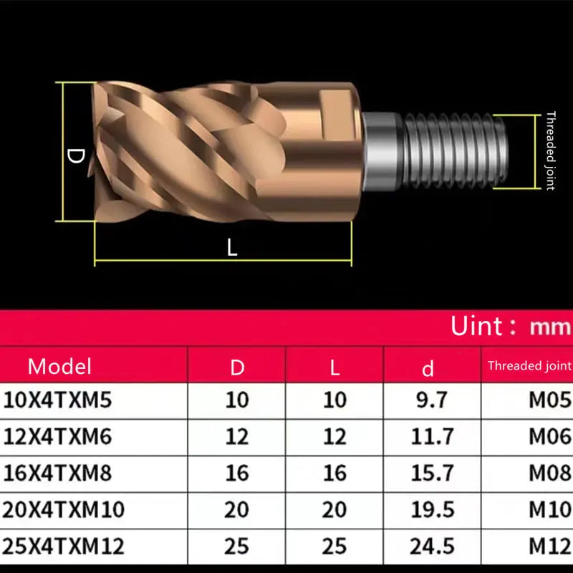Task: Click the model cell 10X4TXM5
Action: pos(58,400)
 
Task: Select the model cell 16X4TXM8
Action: pos(58,473)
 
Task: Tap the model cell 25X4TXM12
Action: pos(63,546)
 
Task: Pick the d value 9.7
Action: pos(433,400)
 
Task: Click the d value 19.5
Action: pos(433,509)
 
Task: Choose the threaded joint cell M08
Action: pos(550,473)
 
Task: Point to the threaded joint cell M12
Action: pos(550,546)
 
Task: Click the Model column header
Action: pos(60,367)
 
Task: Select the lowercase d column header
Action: pos(428,368)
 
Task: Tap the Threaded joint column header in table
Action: pos(529,366)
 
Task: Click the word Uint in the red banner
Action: pos(477,327)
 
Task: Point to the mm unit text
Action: pos(550,328)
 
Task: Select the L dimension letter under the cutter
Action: pos(231,248)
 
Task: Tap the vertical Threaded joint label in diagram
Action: pos(550,150)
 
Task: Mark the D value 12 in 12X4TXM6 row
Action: pos(237,436)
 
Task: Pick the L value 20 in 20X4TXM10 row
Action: pos(334,509)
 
